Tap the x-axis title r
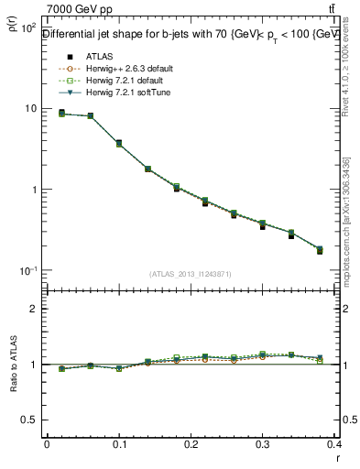coord(339,459)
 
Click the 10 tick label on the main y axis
coord(29,109)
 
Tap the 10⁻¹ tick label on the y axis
coord(27,271)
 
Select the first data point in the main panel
coord(61,114)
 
